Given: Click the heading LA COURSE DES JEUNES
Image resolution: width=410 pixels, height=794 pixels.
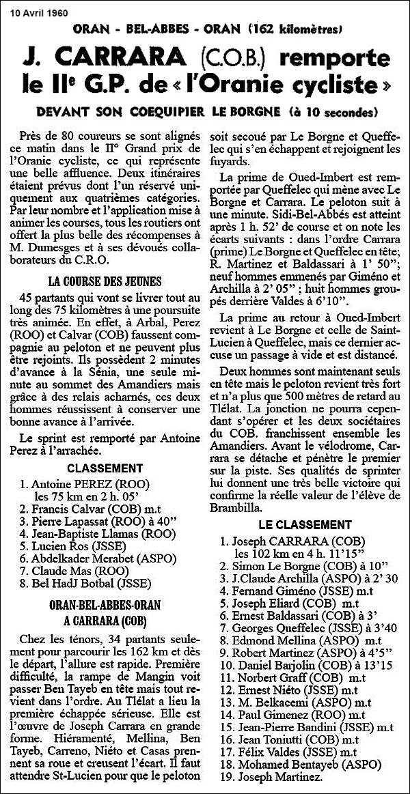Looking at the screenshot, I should (x=105, y=281).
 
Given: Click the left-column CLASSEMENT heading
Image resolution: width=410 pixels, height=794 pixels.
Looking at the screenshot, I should (x=105, y=469).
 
